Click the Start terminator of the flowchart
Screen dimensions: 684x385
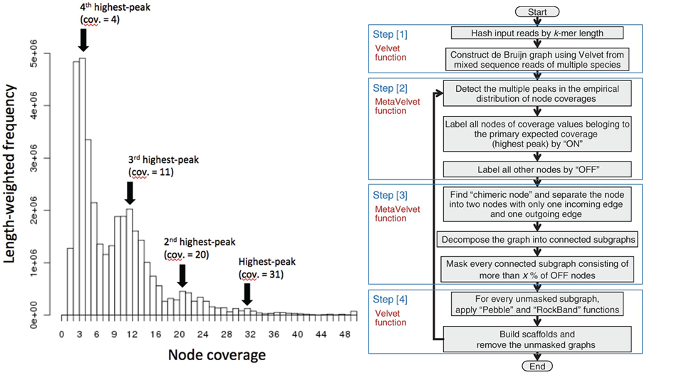coord(537,12)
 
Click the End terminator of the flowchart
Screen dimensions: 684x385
coord(537,366)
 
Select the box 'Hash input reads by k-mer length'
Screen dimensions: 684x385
coord(537,33)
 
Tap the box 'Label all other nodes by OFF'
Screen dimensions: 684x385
coord(537,169)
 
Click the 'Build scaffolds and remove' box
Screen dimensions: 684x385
coord(537,339)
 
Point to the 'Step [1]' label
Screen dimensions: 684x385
coord(390,34)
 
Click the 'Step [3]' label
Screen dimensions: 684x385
coord(390,196)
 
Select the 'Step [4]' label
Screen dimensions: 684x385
coord(390,300)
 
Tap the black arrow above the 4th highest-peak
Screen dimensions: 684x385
coord(83,40)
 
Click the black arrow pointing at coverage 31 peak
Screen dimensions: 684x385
coord(247,295)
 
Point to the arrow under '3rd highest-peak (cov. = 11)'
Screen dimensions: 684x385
coord(130,194)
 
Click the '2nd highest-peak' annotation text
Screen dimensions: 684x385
coord(199,242)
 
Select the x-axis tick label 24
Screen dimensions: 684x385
coord(202,334)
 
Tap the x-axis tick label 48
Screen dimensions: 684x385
coord(345,334)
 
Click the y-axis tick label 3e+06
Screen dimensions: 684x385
coord(33,158)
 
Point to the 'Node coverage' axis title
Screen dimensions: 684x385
coord(217,355)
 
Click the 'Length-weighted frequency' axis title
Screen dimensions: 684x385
coord(9,174)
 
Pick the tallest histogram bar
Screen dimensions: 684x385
coord(83,186)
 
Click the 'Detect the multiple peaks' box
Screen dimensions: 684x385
coord(537,93)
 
